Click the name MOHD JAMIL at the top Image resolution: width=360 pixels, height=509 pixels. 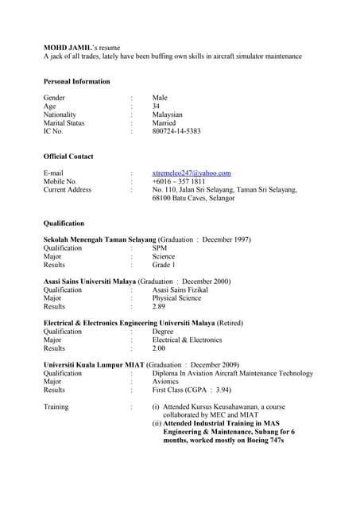pyautogui.click(x=69, y=48)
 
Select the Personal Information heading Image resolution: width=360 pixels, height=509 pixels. pyautogui.click(x=76, y=81)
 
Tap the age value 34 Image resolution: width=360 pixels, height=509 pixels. pyautogui.click(x=157, y=107)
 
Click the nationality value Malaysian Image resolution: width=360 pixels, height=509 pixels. pyautogui.click(x=167, y=115)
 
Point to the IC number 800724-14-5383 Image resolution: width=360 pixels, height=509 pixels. pyautogui.click(x=176, y=131)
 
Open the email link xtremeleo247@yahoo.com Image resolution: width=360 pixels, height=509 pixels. pyautogui.click(x=191, y=173)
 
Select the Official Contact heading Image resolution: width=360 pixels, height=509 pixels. pyautogui.click(x=68, y=157)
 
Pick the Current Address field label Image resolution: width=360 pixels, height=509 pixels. pyautogui.click(x=67, y=190)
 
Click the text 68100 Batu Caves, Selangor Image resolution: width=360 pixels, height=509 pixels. pyautogui.click(x=193, y=198)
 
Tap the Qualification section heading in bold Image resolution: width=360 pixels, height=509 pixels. pyautogui.click(x=64, y=223)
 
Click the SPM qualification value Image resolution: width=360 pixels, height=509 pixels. pyautogui.click(x=159, y=248)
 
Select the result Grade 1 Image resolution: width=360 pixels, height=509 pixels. pyautogui.click(x=164, y=265)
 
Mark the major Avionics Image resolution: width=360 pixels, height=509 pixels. pyautogui.click(x=165, y=382)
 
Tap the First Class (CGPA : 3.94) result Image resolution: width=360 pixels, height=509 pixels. pyautogui.click(x=192, y=390)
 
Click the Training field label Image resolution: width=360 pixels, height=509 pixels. pyautogui.click(x=56, y=407)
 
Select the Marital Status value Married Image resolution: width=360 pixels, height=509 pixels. pyautogui.click(x=164, y=123)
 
